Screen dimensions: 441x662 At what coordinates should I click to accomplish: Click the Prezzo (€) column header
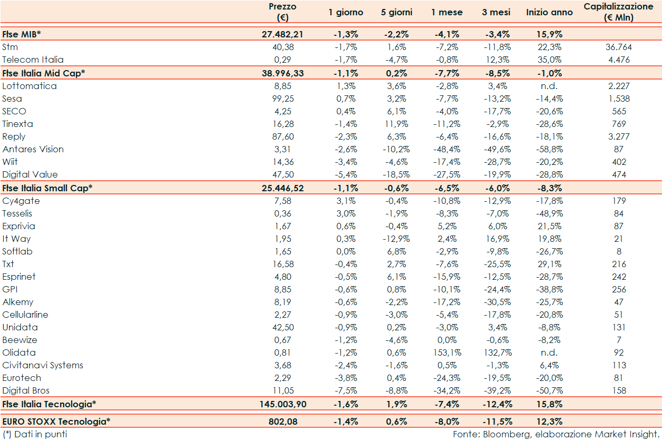[282, 12]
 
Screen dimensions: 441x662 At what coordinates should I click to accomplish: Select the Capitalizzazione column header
[619, 12]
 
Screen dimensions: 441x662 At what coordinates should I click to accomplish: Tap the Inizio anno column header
[549, 12]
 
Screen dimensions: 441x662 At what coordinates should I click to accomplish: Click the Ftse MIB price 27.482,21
[283, 34]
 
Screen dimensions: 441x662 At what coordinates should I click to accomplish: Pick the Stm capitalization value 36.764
[619, 47]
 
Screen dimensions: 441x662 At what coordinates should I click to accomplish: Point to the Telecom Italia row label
[33, 60]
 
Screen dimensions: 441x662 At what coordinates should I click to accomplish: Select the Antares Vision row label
[33, 149]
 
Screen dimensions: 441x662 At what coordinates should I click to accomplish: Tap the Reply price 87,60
[283, 136]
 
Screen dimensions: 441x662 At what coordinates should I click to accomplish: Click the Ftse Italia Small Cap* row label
[47, 188]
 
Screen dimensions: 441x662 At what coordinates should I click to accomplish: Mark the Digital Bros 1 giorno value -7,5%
[346, 390]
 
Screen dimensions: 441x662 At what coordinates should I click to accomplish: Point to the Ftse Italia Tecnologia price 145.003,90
[283, 404]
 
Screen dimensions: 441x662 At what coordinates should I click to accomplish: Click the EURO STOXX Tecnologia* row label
[56, 422]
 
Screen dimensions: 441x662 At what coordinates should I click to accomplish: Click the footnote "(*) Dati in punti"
[35, 434]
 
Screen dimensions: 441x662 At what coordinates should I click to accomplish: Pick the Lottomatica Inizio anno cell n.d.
[549, 86]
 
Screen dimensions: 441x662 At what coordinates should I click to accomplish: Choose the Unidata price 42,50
[283, 327]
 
